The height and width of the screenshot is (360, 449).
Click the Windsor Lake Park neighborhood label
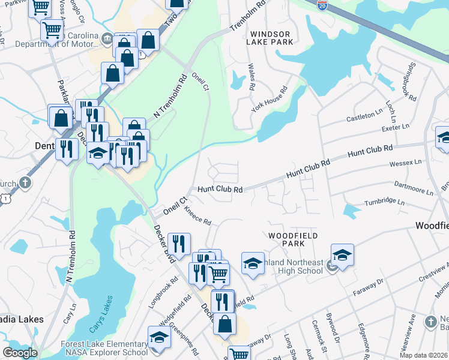(x=272, y=38)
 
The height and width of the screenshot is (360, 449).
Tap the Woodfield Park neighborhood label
(x=292, y=240)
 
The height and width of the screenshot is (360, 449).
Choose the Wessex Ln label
(x=406, y=163)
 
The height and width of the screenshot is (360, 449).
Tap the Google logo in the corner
(x=20, y=353)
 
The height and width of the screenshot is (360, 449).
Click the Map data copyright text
(x=423, y=355)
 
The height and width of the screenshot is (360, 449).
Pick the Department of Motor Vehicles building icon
(x=106, y=40)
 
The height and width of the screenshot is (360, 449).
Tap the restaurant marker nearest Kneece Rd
(x=179, y=242)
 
